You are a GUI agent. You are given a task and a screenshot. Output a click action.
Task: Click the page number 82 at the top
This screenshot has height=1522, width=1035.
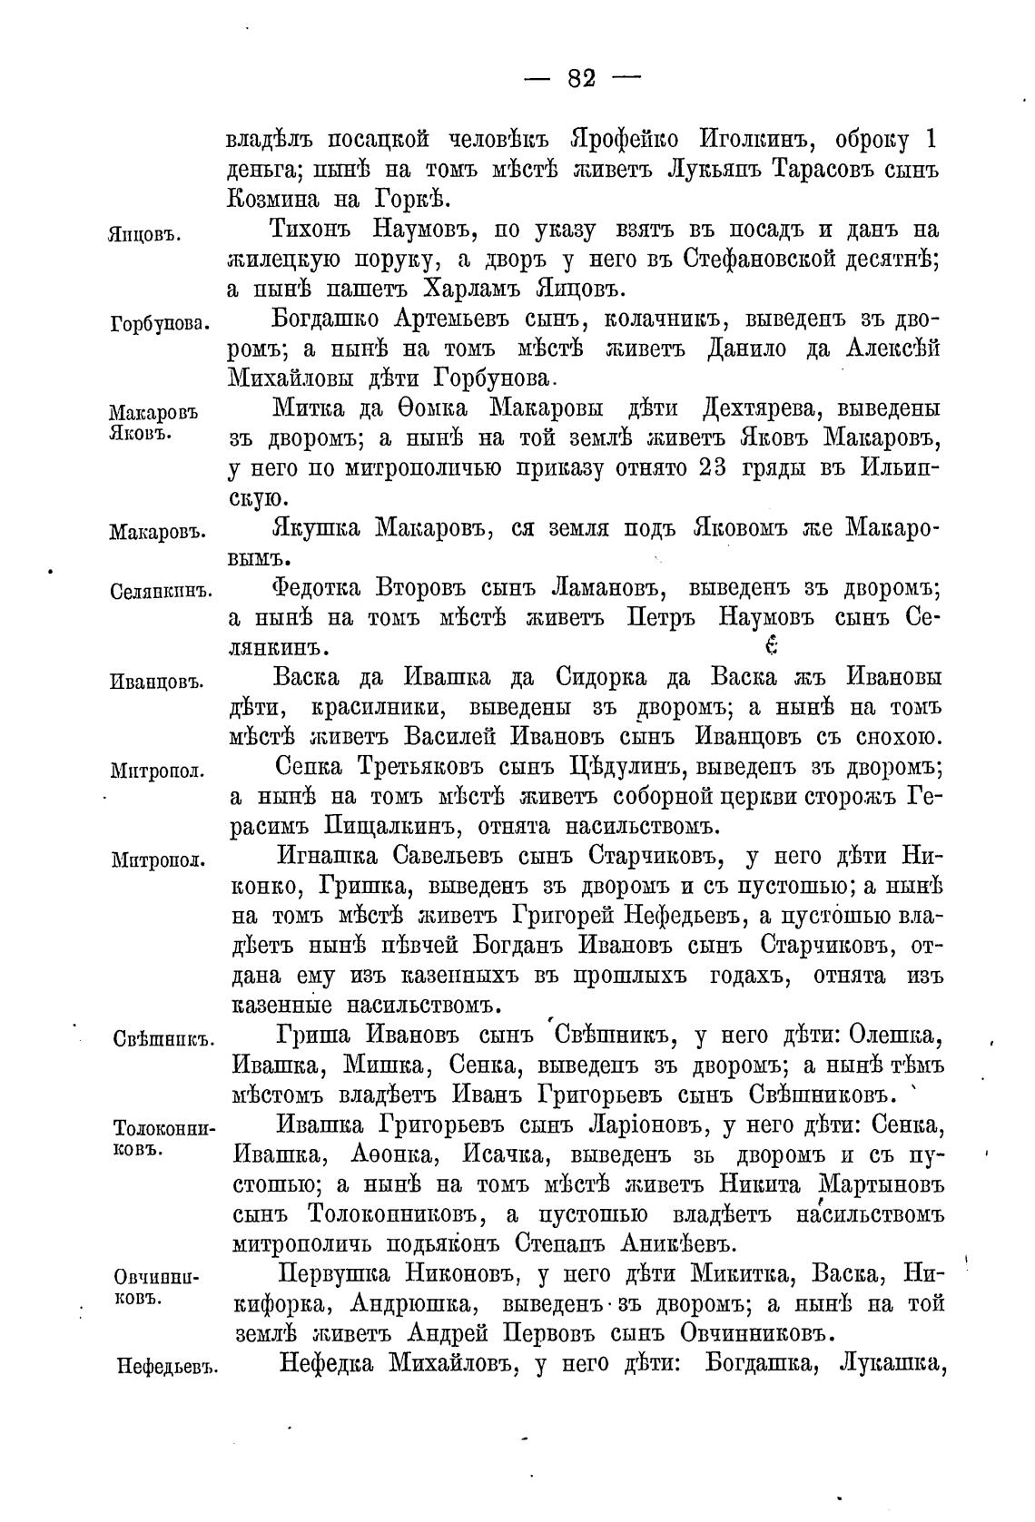tap(581, 79)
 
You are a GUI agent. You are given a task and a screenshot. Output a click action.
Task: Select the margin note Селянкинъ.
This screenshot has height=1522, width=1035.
tap(161, 592)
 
